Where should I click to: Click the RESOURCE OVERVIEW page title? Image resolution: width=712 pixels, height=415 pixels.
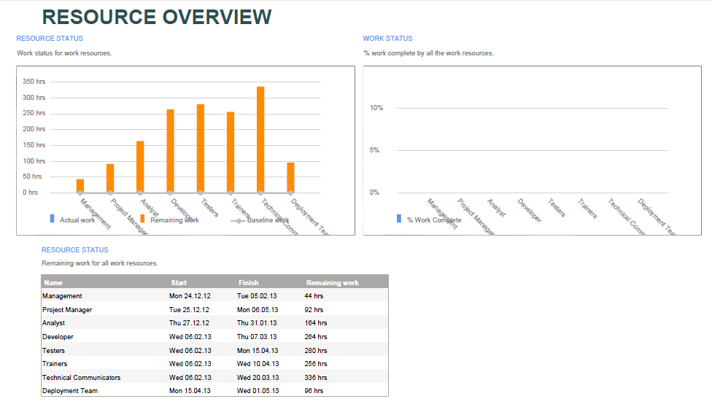[x=157, y=17]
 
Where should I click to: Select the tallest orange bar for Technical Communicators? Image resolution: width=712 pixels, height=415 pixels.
[x=260, y=139]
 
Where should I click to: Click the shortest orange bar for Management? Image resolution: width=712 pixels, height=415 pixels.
[x=80, y=185]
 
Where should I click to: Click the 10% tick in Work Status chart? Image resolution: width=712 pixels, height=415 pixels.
[x=376, y=108]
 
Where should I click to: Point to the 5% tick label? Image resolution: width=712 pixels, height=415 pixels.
[x=375, y=150]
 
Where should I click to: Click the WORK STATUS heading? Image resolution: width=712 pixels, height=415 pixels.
[x=387, y=39]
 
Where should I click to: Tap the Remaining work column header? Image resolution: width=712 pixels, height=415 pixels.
[x=332, y=283]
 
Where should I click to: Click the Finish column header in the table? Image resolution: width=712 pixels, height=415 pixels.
[x=248, y=283]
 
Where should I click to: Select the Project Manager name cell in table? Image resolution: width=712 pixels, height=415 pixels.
[x=67, y=310]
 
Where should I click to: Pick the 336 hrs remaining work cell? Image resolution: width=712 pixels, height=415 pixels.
[x=316, y=378]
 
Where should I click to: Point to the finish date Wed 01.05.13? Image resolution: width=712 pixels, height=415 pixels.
[x=258, y=391]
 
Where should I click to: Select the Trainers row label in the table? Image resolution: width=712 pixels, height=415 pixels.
[x=55, y=364]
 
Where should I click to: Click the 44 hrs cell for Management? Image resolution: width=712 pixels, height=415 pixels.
[x=314, y=296]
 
